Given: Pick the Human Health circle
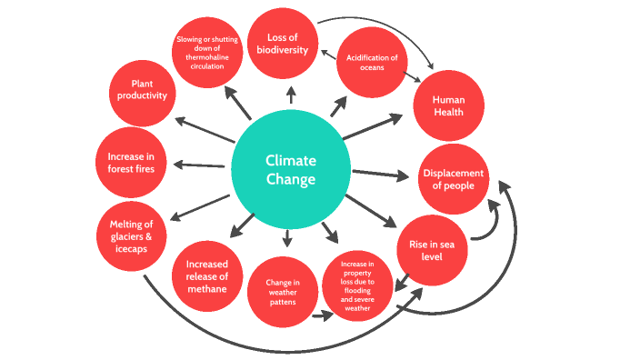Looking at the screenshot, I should pyautogui.click(x=448, y=105).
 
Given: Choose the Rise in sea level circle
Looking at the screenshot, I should pyautogui.click(x=432, y=250).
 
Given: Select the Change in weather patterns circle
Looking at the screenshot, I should pyautogui.click(x=283, y=293).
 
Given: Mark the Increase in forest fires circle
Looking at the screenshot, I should pyautogui.click(x=131, y=163).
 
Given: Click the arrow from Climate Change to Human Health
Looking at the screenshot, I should pyautogui.click(x=372, y=126).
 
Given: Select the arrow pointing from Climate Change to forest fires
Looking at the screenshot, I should pyautogui.click(x=198, y=165).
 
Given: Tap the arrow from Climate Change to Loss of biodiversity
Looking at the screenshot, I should pyautogui.click(x=291, y=95).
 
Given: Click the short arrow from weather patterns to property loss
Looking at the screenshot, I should pyautogui.click(x=320, y=316).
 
